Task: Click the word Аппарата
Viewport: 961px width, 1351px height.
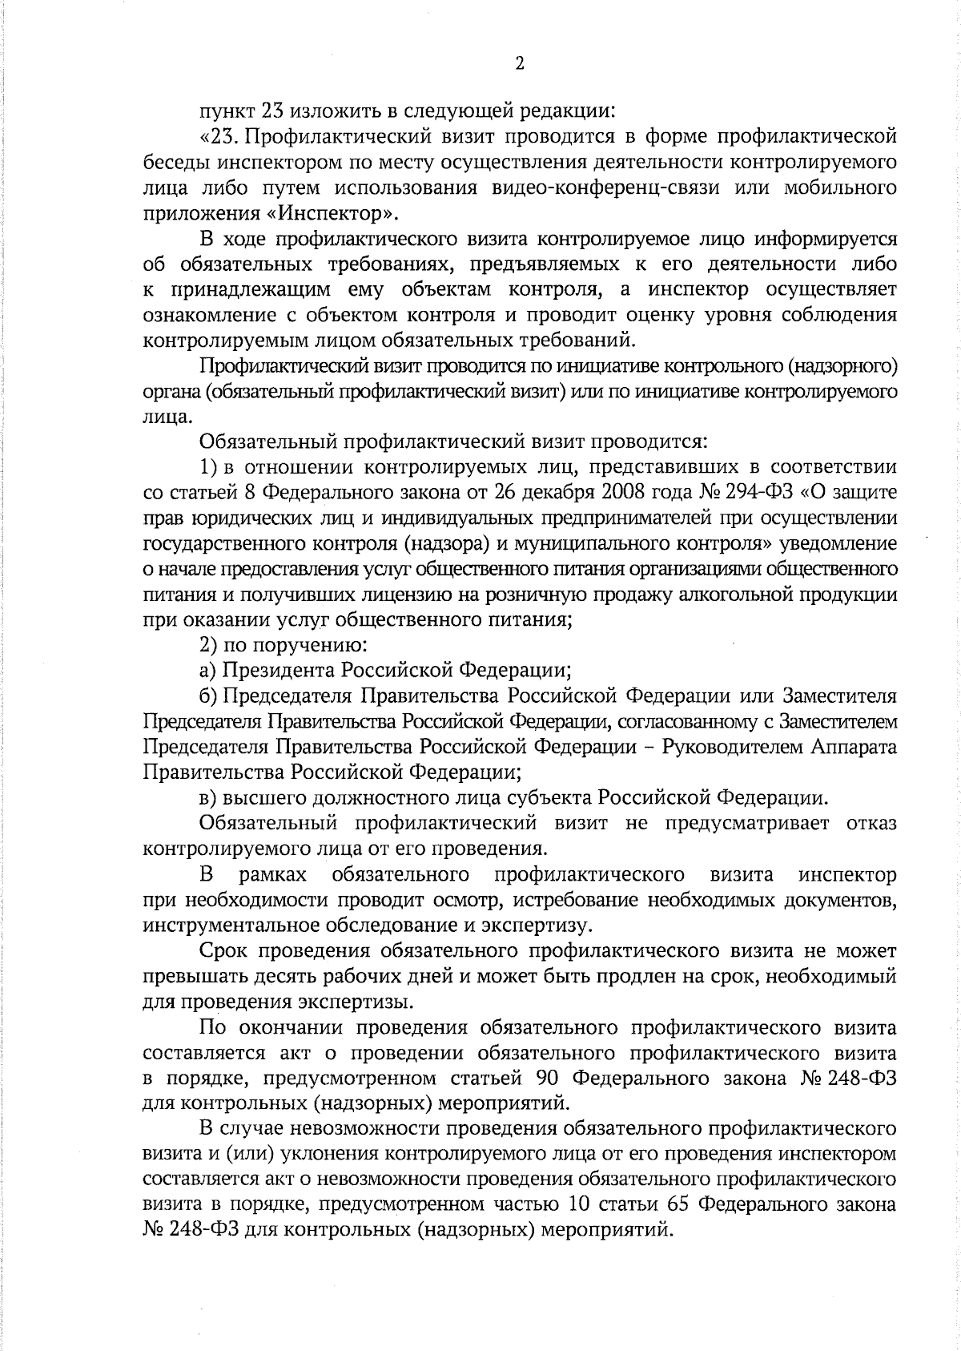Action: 854,747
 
